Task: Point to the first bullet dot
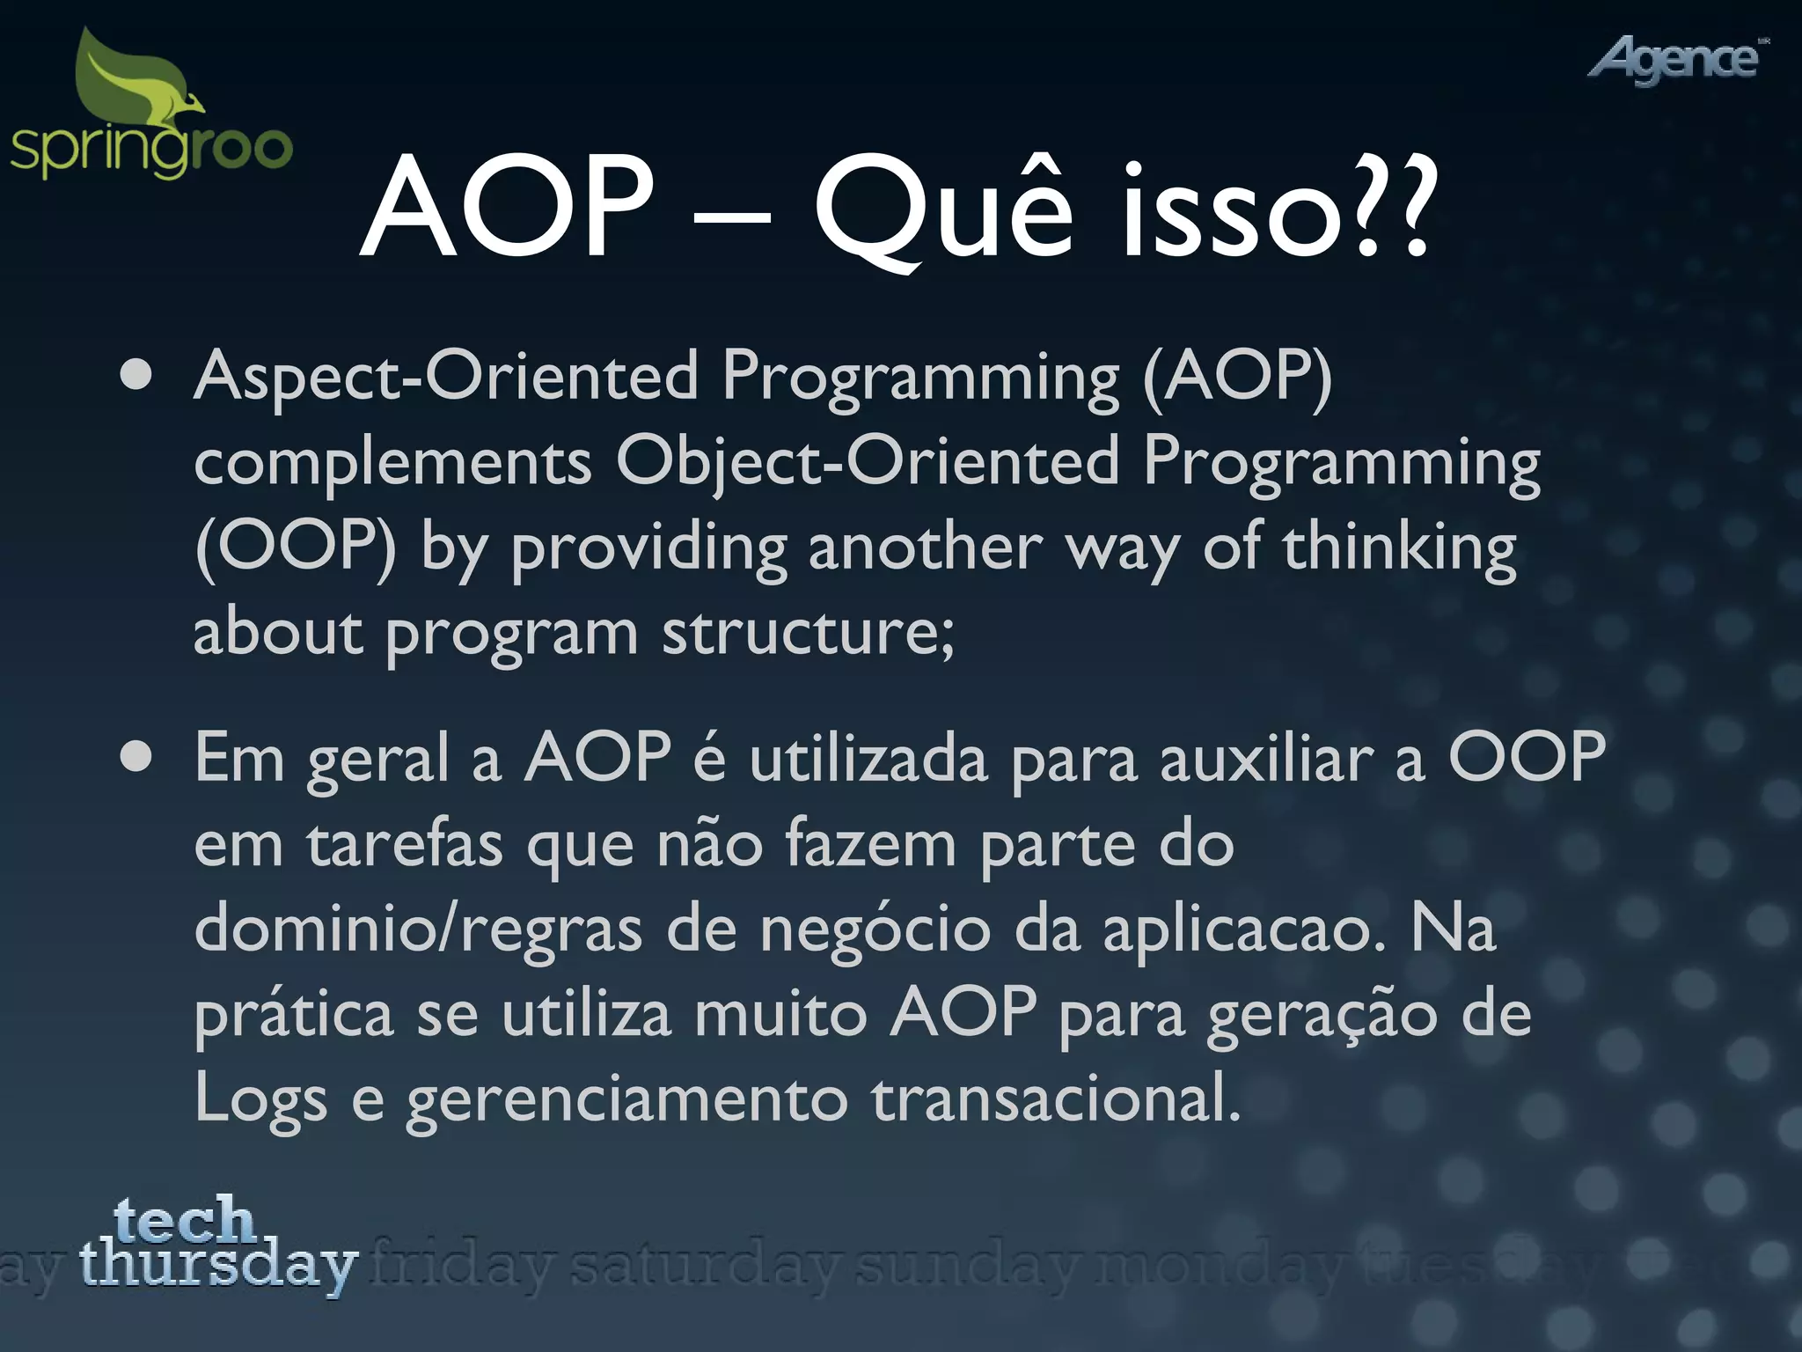click(136, 376)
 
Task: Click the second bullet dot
click(136, 757)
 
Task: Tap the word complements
click(392, 463)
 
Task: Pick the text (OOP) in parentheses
click(296, 547)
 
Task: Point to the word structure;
click(808, 632)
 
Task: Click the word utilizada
click(868, 759)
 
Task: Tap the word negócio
click(875, 929)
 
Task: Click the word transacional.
click(1056, 1098)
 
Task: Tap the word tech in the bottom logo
click(185, 1220)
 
